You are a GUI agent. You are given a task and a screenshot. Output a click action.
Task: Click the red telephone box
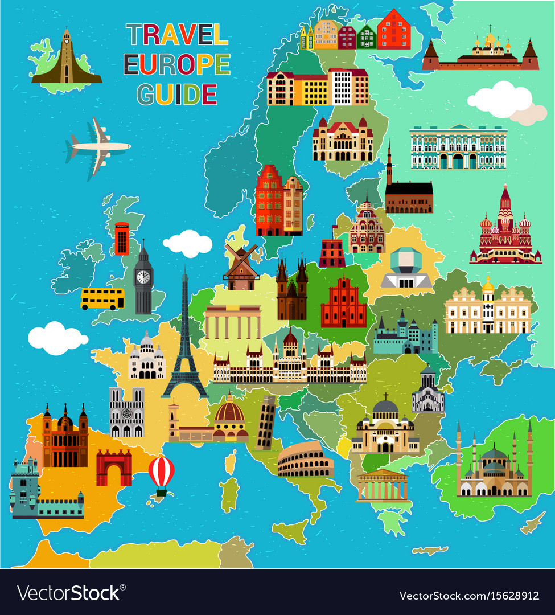121,239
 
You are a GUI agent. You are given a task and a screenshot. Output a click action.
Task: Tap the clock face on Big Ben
143,277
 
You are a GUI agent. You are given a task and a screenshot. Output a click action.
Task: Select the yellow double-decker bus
102,298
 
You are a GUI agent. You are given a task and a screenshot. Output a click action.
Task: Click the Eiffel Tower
184,342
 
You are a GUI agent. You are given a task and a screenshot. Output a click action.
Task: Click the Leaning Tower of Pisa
265,423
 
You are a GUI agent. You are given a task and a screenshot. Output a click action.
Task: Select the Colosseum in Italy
305,460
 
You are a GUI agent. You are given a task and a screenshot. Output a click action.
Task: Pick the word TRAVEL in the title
177,35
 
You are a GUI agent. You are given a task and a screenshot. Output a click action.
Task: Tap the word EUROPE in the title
177,65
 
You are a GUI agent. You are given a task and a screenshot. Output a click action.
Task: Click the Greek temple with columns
383,487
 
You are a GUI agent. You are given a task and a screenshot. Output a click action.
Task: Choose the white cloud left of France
57,337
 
